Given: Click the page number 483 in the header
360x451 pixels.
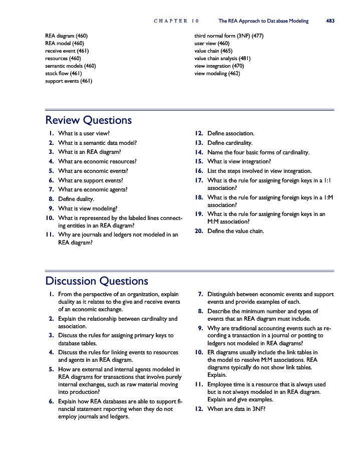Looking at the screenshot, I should click(x=330, y=21).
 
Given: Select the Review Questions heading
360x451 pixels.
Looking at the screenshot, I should click(x=89, y=120).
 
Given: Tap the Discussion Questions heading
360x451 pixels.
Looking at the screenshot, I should click(x=97, y=281).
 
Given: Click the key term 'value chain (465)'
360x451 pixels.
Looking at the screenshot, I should click(x=213, y=51).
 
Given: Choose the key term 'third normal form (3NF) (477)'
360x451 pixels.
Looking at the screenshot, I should click(x=229, y=36).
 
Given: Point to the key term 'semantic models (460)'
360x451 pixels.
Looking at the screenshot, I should click(x=71, y=66).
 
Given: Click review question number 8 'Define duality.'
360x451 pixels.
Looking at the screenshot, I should click(x=76, y=199).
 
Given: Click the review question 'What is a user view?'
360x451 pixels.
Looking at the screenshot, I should click(x=84, y=133).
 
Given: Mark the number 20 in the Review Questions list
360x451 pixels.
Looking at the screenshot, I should click(x=199, y=231).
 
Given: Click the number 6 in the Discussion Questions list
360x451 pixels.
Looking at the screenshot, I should click(x=52, y=401).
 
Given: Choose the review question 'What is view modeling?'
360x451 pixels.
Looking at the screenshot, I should click(x=88, y=208).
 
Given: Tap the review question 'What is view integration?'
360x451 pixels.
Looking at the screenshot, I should click(x=239, y=161).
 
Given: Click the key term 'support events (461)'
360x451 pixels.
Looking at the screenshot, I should click(x=69, y=81).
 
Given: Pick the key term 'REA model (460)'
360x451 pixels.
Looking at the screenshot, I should click(x=65, y=43).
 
